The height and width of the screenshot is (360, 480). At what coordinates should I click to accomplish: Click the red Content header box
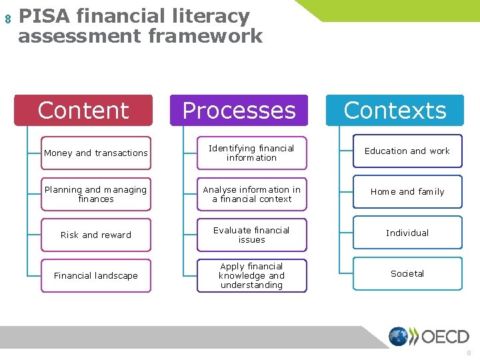(x=83, y=111)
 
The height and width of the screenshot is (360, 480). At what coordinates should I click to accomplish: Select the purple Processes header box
(x=239, y=111)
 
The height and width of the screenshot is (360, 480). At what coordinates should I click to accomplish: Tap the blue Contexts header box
(x=395, y=111)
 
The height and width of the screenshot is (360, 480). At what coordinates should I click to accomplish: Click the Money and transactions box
(x=96, y=153)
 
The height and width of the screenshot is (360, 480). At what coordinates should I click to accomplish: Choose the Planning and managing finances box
(x=96, y=194)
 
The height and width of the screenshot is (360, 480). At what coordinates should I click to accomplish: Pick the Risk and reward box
(x=96, y=235)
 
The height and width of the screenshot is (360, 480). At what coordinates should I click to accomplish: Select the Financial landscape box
(x=96, y=275)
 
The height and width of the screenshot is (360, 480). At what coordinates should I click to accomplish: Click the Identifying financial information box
(x=251, y=153)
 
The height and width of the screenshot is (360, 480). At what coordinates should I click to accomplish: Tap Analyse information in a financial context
(x=251, y=194)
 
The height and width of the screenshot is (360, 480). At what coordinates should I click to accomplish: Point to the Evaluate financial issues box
(x=251, y=235)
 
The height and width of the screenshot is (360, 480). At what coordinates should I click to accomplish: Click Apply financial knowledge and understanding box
(x=251, y=275)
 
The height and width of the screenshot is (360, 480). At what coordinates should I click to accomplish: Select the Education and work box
(x=407, y=151)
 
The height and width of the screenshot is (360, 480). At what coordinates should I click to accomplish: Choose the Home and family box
(x=407, y=192)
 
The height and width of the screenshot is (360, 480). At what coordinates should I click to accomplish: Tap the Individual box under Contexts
(x=407, y=233)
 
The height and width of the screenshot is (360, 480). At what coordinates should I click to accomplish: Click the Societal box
(x=407, y=273)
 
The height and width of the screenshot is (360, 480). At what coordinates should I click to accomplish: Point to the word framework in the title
(x=203, y=35)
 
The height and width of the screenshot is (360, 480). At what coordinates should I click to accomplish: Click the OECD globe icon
(x=399, y=337)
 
